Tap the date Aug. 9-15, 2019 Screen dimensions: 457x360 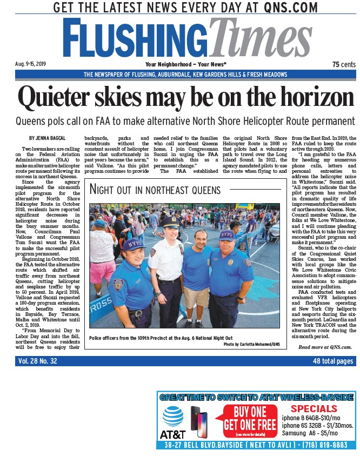pyautogui.click(x=32, y=64)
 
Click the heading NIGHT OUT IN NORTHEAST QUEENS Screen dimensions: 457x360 pyautogui.click(x=155, y=190)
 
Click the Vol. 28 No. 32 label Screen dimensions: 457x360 pyautogui.click(x=38, y=361)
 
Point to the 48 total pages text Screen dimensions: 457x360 pyautogui.click(x=333, y=361)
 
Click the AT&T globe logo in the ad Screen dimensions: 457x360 pyautogui.click(x=172, y=417)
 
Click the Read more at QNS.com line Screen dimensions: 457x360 pyautogui.click(x=325, y=347)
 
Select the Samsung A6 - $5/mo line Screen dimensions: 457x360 pyautogui.click(x=310, y=433)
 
